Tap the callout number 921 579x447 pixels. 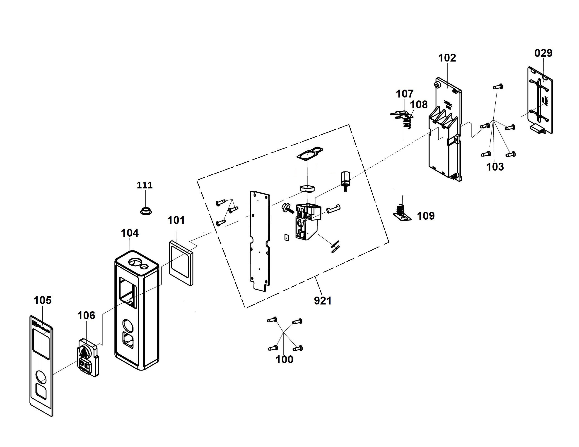(x=323, y=301)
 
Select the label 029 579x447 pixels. (x=543, y=53)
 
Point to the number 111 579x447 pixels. (x=145, y=185)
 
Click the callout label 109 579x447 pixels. (x=426, y=216)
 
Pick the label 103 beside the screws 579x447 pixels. (x=495, y=167)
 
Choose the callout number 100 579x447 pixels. (x=285, y=360)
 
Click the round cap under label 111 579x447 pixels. (x=146, y=212)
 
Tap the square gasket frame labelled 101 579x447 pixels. (x=181, y=263)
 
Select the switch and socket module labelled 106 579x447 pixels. (x=88, y=357)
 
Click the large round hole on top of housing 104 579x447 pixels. (x=135, y=263)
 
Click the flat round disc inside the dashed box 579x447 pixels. (x=307, y=188)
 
